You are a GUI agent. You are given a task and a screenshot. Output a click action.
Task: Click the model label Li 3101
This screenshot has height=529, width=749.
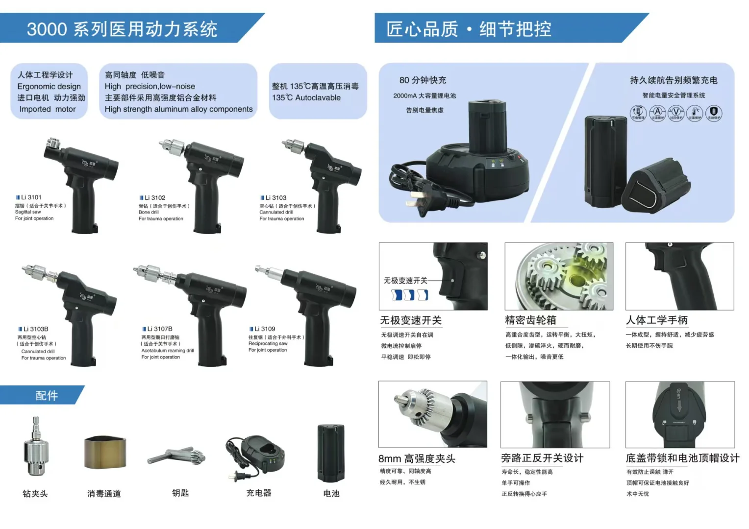[x=31, y=197]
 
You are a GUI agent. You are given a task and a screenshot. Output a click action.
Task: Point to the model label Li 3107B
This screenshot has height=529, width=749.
[x=159, y=329]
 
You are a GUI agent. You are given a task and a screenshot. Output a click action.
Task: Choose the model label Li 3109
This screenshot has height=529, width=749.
[x=265, y=329]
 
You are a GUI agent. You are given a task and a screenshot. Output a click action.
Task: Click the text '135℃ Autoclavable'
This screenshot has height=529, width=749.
[x=306, y=97]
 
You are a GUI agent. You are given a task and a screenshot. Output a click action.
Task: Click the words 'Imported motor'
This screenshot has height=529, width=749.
[x=48, y=109]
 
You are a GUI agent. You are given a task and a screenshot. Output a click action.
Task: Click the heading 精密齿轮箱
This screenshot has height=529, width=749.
[x=530, y=320]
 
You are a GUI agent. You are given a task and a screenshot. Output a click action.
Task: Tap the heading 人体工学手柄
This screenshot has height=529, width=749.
[x=656, y=320]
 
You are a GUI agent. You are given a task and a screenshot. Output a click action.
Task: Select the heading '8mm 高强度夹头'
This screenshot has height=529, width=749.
[x=417, y=459]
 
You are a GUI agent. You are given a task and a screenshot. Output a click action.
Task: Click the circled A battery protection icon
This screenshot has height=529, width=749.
[x=657, y=112]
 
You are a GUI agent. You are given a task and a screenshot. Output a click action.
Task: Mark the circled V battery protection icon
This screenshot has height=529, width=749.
[x=676, y=112]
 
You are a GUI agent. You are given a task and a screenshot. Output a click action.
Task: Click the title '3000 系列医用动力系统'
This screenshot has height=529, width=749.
[x=122, y=29]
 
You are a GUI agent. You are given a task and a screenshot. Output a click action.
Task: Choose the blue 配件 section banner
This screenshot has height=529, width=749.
[x=47, y=395]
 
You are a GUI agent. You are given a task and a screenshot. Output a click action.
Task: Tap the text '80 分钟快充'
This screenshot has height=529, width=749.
[x=423, y=80]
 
